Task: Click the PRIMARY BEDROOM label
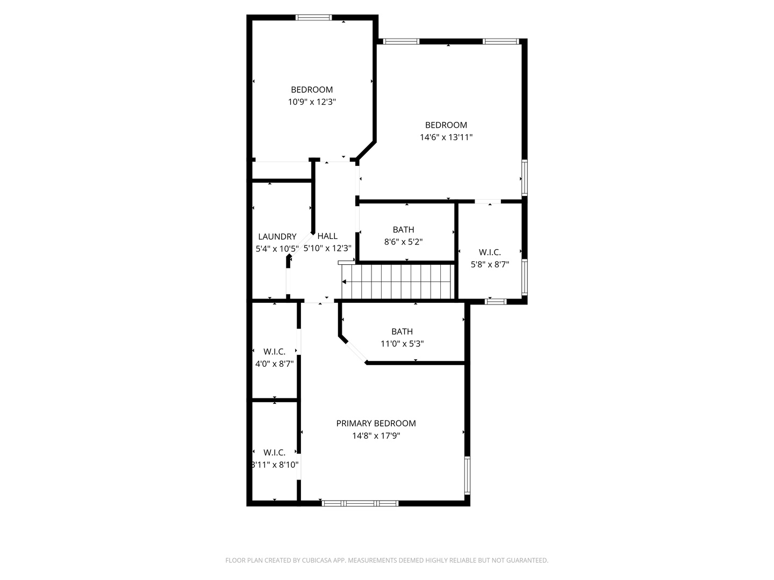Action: tap(376, 423)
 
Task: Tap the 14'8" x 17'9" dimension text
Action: tap(376, 436)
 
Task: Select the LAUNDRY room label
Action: tap(277, 236)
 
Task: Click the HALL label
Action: tap(327, 236)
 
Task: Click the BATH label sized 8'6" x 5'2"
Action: tap(403, 230)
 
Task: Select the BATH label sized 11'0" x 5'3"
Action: tap(402, 331)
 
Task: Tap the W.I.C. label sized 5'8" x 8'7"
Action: tap(490, 252)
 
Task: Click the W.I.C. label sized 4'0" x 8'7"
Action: tap(274, 352)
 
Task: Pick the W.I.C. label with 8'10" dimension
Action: tap(274, 453)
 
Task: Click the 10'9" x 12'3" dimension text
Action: tap(312, 102)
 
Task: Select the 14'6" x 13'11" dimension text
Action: tap(446, 137)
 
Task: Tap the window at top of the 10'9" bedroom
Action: tap(314, 18)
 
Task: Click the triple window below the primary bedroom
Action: tap(360, 503)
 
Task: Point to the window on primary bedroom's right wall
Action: tap(467, 475)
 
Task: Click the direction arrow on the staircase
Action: tap(345, 281)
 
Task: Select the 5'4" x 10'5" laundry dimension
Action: tap(277, 249)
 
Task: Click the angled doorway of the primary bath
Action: tap(355, 351)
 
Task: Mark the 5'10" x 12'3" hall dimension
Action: tap(327, 248)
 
